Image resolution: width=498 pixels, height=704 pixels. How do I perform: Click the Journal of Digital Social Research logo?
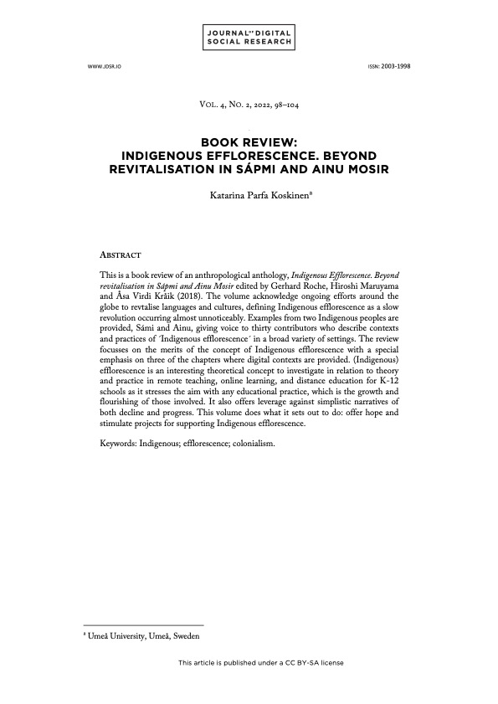click(249, 36)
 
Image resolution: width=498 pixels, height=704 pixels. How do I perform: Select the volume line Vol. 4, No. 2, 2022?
click(249, 107)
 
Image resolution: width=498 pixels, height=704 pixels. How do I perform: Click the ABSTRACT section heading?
click(120, 252)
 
